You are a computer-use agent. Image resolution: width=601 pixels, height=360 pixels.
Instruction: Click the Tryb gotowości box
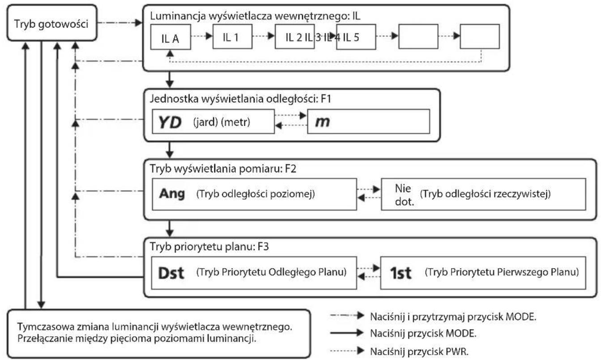[x=52, y=23]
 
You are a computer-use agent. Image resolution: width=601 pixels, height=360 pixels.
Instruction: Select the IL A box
[x=170, y=37]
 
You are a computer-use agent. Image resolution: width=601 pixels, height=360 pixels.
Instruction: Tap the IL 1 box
[x=232, y=37]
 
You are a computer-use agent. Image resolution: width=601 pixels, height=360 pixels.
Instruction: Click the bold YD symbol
[x=170, y=122]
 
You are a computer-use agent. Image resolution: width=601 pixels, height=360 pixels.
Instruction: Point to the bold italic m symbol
[x=322, y=122]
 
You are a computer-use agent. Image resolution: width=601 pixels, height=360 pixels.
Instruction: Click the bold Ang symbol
[x=172, y=193]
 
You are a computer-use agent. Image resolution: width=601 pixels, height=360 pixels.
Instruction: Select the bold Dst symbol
[x=171, y=273]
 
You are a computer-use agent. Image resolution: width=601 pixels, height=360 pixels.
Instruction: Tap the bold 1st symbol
[x=401, y=273]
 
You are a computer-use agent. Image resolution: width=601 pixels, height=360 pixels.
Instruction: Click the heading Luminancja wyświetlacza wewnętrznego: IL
[x=255, y=16]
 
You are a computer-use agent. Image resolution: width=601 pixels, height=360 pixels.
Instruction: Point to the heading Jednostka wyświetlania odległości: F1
[x=240, y=99]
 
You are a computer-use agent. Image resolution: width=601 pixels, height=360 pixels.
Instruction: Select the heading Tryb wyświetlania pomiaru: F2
[x=223, y=169]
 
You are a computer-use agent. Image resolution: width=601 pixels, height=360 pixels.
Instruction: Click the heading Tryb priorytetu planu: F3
[x=209, y=246]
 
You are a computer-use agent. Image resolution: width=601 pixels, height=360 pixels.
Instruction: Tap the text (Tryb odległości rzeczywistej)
[x=485, y=193]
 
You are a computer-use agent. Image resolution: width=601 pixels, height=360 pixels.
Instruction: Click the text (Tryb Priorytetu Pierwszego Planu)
[x=502, y=272]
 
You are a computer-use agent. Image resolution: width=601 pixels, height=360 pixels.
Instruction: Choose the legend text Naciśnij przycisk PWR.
[x=419, y=351]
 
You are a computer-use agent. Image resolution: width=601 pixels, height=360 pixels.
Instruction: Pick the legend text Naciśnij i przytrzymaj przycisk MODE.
[x=453, y=317]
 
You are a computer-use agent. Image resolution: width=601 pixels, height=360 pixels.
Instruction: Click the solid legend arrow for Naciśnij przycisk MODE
[x=347, y=333]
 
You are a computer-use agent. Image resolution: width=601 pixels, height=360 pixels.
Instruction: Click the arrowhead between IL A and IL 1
[x=209, y=36]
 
